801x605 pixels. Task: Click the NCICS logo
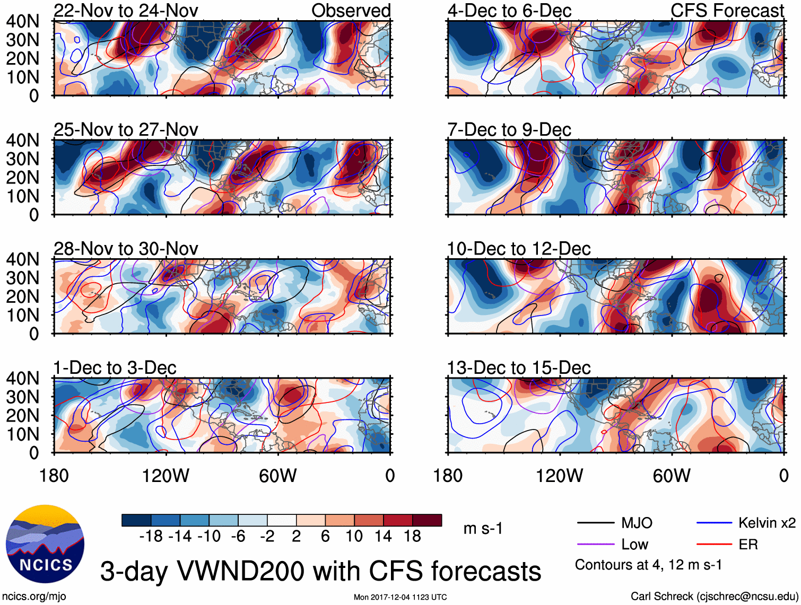[45, 543]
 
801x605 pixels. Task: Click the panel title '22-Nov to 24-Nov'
[126, 11]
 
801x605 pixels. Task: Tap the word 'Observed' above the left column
[351, 11]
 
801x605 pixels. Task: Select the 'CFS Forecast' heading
[727, 11]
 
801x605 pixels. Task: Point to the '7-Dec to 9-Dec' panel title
[509, 130]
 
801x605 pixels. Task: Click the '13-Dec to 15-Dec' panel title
[519, 368]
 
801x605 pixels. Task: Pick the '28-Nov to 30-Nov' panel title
[126, 249]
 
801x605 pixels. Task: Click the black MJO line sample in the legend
[595, 523]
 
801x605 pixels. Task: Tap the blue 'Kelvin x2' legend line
[714, 523]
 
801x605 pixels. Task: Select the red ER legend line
[714, 545]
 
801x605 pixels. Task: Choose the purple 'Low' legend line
[595, 545]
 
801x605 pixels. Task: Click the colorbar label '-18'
[151, 537]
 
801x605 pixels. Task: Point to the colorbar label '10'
[354, 537]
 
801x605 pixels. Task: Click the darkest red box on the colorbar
[427, 520]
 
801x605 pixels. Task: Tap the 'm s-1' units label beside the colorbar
[483, 529]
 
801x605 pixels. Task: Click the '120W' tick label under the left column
[166, 476]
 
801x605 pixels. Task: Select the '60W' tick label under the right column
[672, 476]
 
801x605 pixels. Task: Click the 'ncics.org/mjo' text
[34, 597]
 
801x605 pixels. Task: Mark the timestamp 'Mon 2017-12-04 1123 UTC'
[400, 598]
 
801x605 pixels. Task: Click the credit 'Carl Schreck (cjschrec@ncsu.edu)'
[713, 597]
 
